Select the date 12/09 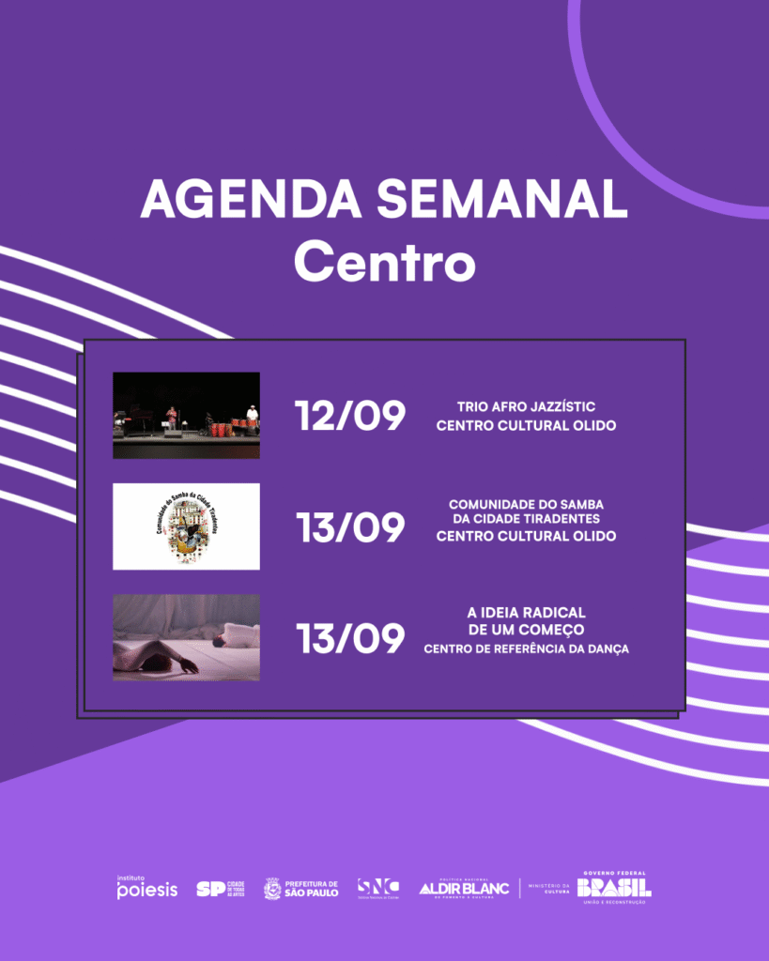350,416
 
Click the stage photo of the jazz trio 186,415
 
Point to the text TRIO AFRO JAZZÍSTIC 526,406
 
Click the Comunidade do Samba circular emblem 186,526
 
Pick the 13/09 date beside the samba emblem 350,528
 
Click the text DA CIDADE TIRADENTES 526,519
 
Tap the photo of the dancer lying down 186,637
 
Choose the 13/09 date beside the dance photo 350,639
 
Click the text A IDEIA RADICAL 526,611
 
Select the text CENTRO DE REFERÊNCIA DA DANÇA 526,648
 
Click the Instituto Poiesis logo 146,887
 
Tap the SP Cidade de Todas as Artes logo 220,888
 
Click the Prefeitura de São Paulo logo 300,888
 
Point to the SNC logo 377,887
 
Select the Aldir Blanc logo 463,888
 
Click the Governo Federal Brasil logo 613,887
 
